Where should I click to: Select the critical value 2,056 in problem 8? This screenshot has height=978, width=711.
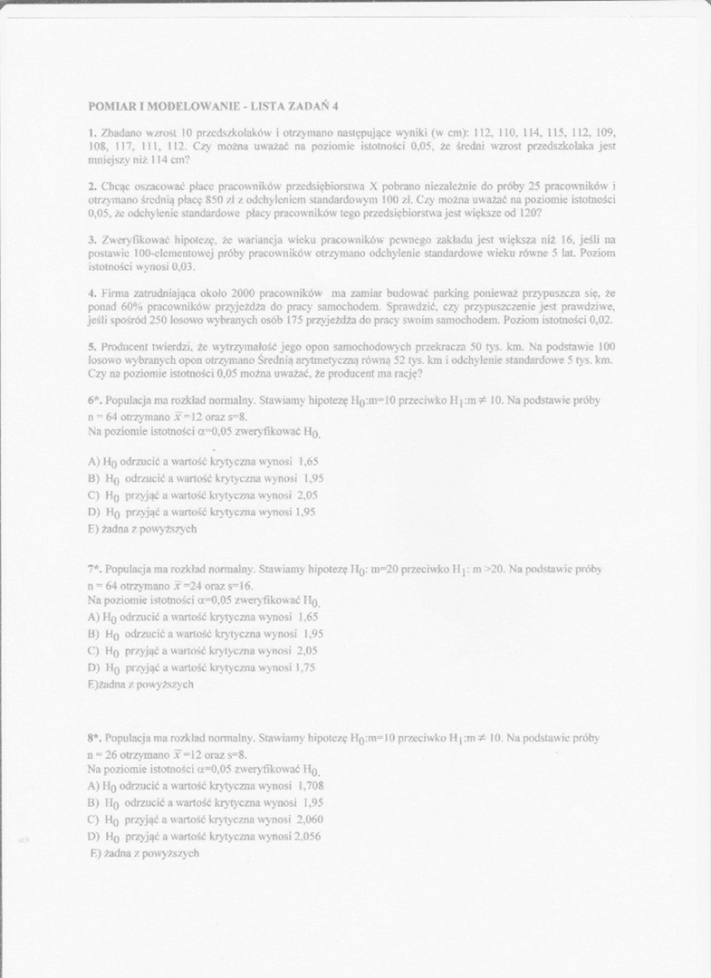306,837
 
